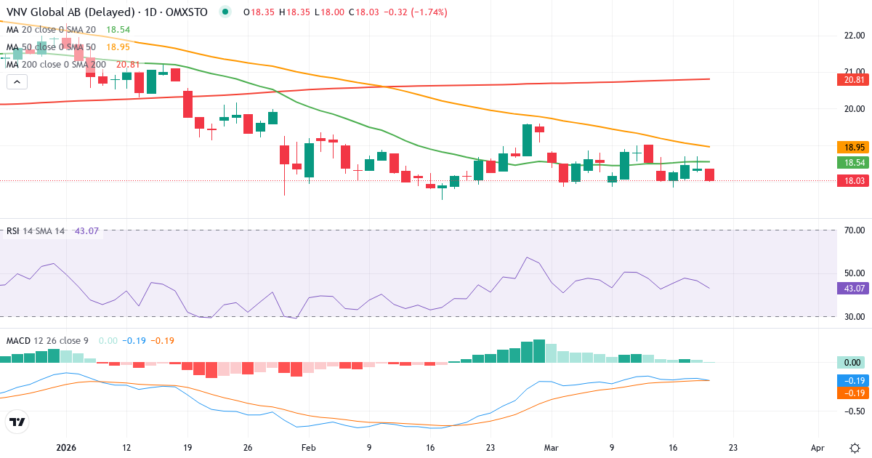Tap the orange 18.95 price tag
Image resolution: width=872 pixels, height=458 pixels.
pos(850,147)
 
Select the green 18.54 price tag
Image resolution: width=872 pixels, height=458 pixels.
pos(850,162)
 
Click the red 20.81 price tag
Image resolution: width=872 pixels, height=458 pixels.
pos(850,79)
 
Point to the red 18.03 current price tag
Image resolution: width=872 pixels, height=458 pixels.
pos(850,181)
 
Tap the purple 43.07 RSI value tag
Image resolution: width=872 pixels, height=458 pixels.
pos(850,289)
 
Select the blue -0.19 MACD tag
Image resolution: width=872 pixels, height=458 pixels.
pos(850,380)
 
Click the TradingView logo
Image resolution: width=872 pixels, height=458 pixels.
pos(17,422)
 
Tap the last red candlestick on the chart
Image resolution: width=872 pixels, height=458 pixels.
pos(709,174)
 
